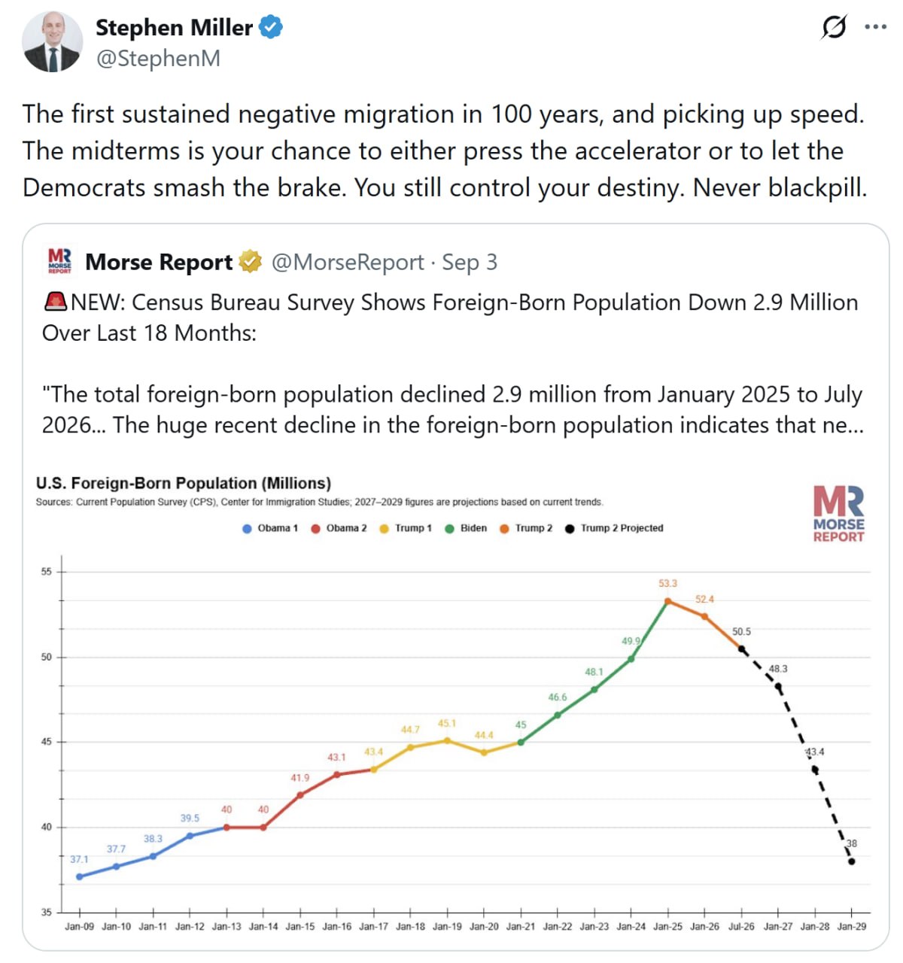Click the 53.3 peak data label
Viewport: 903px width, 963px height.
667,583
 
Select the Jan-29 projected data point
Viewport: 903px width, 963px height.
851,862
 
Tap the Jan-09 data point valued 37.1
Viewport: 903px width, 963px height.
80,876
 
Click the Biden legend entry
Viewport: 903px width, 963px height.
466,528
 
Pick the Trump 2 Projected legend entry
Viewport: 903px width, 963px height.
614,528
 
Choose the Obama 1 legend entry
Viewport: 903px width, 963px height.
270,528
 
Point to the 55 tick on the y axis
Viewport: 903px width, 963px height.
46,572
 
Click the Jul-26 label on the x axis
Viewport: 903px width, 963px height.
741,927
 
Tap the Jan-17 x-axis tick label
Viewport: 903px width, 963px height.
373,927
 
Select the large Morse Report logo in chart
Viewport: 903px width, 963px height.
838,514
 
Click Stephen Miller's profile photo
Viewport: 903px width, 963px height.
53,42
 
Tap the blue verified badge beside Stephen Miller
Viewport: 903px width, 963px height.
271,27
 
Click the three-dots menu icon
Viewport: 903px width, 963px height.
875,27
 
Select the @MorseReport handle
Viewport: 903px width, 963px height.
348,263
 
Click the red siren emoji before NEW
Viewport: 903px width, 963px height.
56,302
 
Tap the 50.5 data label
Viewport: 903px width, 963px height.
741,632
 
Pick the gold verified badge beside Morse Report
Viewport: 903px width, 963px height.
249,262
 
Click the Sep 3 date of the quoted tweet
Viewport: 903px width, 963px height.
470,263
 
